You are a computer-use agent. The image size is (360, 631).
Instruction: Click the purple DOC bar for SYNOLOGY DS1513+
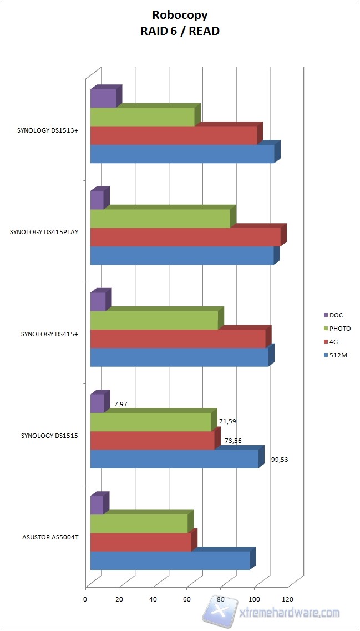pyautogui.click(x=103, y=98)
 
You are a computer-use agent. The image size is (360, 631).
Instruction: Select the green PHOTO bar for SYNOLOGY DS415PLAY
pyautogui.click(x=160, y=219)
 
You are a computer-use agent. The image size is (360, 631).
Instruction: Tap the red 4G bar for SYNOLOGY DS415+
pyautogui.click(x=178, y=339)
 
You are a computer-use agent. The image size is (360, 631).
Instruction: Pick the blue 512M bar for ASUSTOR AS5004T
pyautogui.click(x=170, y=561)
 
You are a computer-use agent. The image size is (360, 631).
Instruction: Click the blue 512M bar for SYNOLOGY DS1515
pyautogui.click(x=174, y=459)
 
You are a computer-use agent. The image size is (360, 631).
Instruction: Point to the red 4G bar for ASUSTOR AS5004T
pyautogui.click(x=140, y=542)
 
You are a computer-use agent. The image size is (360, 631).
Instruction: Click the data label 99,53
pyautogui.click(x=280, y=460)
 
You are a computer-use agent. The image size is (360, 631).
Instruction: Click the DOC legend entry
pyautogui.click(x=336, y=315)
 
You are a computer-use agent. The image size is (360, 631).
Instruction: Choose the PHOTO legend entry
pyautogui.click(x=339, y=329)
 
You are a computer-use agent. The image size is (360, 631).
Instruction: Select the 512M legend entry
pyautogui.click(x=337, y=354)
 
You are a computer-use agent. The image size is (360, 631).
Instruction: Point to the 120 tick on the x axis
pyautogui.click(x=287, y=599)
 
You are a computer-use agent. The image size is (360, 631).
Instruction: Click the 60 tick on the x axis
pyautogui.click(x=186, y=599)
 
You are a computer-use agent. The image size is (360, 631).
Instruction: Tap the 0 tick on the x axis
pyautogui.click(x=85, y=599)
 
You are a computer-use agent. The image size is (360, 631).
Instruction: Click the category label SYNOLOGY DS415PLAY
pyautogui.click(x=44, y=233)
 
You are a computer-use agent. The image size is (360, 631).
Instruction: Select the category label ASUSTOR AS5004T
pyautogui.click(x=50, y=537)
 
